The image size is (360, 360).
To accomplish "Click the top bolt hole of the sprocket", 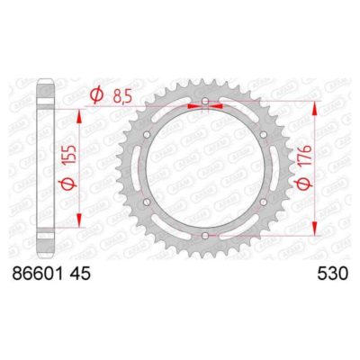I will coord(205,102).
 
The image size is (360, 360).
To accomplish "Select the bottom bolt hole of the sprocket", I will coord(205,236).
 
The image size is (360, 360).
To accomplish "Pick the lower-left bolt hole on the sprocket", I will coord(148,202).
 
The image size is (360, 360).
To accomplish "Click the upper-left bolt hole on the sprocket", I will coord(148,135).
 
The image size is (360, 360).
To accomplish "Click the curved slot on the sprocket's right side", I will coord(271,168).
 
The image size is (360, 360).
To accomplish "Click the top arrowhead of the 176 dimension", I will coord(315,104).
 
